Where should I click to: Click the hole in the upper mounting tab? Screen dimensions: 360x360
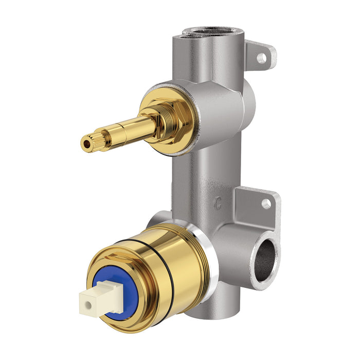[x=262, y=58]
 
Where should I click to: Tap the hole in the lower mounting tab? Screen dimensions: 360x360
[x=266, y=204]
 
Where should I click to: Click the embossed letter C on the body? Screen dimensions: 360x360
[x=219, y=202]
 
